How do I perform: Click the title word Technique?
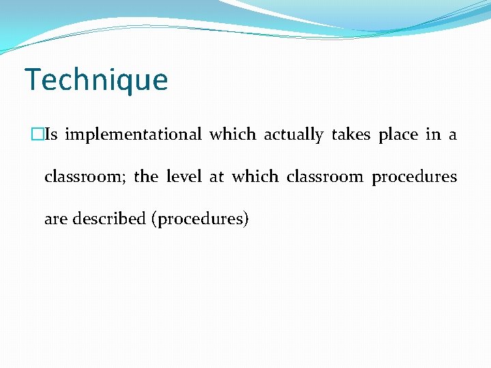[x=95, y=80]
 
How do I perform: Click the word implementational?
[x=133, y=135]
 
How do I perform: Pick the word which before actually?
[x=233, y=135]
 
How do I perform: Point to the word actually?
[x=293, y=135]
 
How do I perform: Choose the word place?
[x=398, y=135]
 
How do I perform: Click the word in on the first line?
[x=433, y=135]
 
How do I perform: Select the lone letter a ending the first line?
[x=453, y=135]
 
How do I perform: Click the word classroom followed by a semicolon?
[x=85, y=177]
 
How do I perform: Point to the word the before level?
[x=146, y=177]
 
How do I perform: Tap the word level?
[x=184, y=177]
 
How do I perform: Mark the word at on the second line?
[x=217, y=177]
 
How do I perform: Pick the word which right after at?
[x=255, y=177]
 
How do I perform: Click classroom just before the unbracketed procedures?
[x=325, y=177]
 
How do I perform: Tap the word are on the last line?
[x=56, y=219]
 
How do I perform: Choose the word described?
[x=109, y=219]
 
